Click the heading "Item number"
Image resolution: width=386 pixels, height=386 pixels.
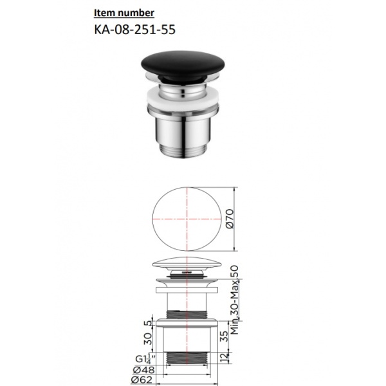[x=124, y=13]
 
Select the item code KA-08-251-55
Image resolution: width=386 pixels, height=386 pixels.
[x=135, y=30]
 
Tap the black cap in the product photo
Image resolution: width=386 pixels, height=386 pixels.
[x=183, y=64]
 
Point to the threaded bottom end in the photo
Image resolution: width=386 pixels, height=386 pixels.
[x=182, y=150]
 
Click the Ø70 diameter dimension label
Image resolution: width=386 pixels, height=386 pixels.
[x=230, y=219]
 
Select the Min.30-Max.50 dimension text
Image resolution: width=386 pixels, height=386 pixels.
[x=235, y=300]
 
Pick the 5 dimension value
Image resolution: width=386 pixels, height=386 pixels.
[x=148, y=323]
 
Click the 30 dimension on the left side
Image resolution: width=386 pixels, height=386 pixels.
[x=148, y=339]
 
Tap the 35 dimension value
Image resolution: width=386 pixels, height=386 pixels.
[x=224, y=336]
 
